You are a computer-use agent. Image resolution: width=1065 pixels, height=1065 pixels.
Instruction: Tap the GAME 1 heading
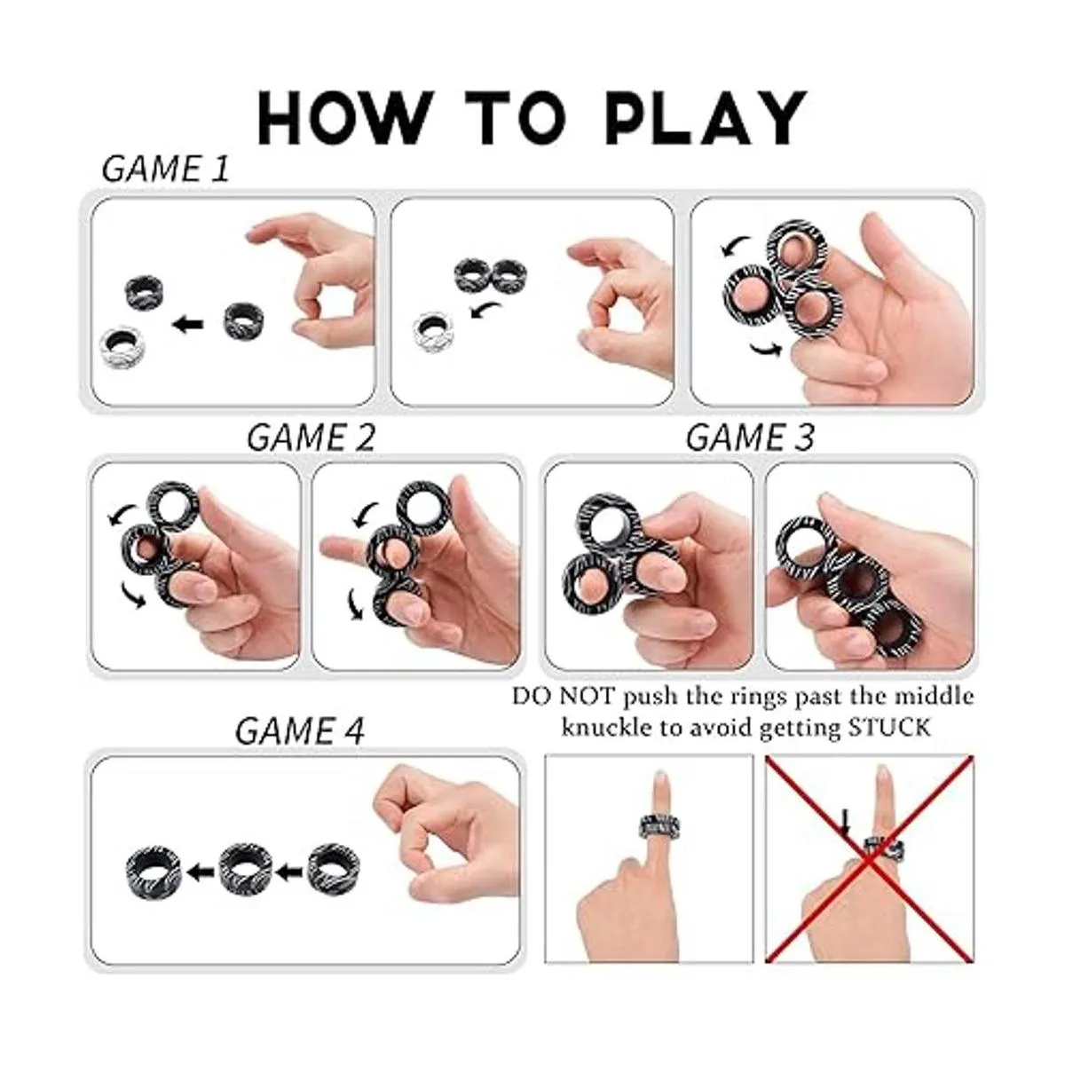point(166,169)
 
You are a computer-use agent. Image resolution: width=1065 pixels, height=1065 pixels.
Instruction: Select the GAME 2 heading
point(311,437)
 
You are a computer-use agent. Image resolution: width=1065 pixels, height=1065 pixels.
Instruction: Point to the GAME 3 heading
point(750,437)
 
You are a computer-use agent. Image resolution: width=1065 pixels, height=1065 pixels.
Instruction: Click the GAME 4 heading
point(299,730)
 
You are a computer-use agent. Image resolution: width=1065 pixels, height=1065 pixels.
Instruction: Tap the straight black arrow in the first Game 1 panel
point(190,325)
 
